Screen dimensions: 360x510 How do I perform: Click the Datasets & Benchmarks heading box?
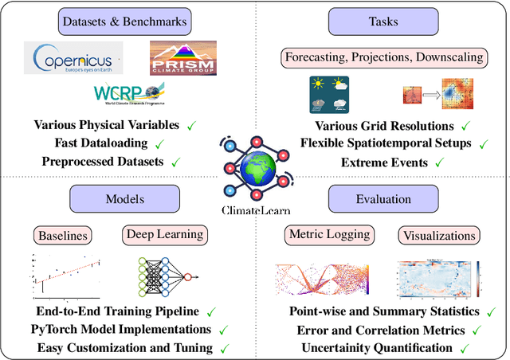tap(127, 22)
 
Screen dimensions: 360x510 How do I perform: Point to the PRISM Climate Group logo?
tap(182, 59)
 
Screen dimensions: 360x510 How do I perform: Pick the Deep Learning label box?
tap(165, 235)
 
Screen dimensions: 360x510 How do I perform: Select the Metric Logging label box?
tap(331, 235)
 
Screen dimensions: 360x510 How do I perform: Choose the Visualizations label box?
tap(439, 235)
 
